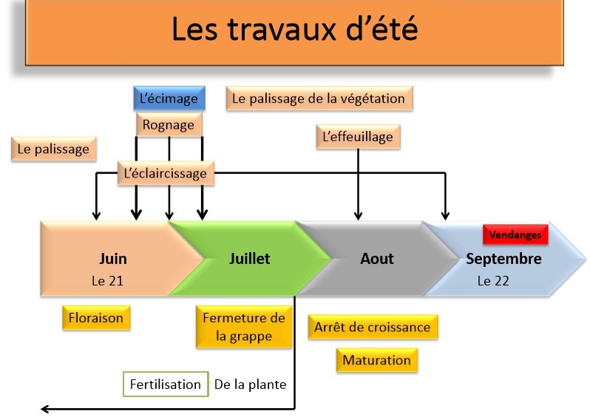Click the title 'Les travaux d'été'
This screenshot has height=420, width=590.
point(294,29)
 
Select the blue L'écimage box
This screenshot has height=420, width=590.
point(169,98)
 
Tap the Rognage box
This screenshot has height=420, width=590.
point(169,124)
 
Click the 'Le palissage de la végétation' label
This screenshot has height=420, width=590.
point(319,98)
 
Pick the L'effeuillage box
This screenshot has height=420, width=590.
point(358,137)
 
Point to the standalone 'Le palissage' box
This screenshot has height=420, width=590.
point(54,149)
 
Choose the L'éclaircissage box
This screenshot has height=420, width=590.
point(166,173)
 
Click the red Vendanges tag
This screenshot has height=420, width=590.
point(515,234)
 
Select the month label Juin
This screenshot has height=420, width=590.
point(113,259)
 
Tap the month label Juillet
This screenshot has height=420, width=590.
point(249,259)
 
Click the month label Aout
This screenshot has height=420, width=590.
point(376,259)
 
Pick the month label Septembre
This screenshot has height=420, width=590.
point(503,259)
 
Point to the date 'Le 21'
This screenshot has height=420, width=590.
point(108,281)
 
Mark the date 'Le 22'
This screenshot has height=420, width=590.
point(493,281)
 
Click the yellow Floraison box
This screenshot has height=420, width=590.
point(96,318)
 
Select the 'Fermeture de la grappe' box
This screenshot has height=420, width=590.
point(244,327)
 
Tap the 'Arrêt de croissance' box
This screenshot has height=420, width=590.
point(373,327)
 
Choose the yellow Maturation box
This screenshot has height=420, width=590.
point(376,360)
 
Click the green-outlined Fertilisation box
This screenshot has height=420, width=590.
point(166,385)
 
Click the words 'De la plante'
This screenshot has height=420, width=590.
point(250,385)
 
